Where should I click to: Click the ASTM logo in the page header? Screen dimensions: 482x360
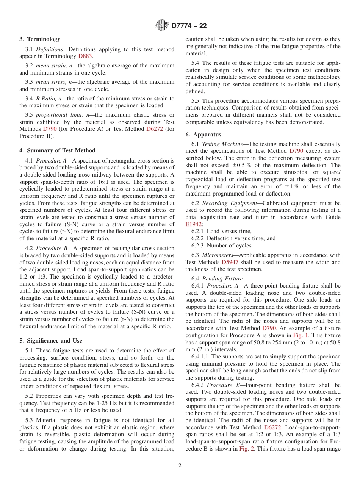(x=162, y=26)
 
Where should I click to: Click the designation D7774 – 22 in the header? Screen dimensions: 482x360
(x=189, y=26)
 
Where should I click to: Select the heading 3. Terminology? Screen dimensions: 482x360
(x=40, y=39)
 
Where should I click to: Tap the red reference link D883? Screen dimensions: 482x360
(x=85, y=56)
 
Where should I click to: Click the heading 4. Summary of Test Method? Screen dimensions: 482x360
(x=57, y=150)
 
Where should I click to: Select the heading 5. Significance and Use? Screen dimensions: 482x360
(x=51, y=341)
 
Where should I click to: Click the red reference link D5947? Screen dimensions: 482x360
(x=231, y=262)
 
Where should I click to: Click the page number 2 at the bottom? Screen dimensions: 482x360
(x=180, y=466)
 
